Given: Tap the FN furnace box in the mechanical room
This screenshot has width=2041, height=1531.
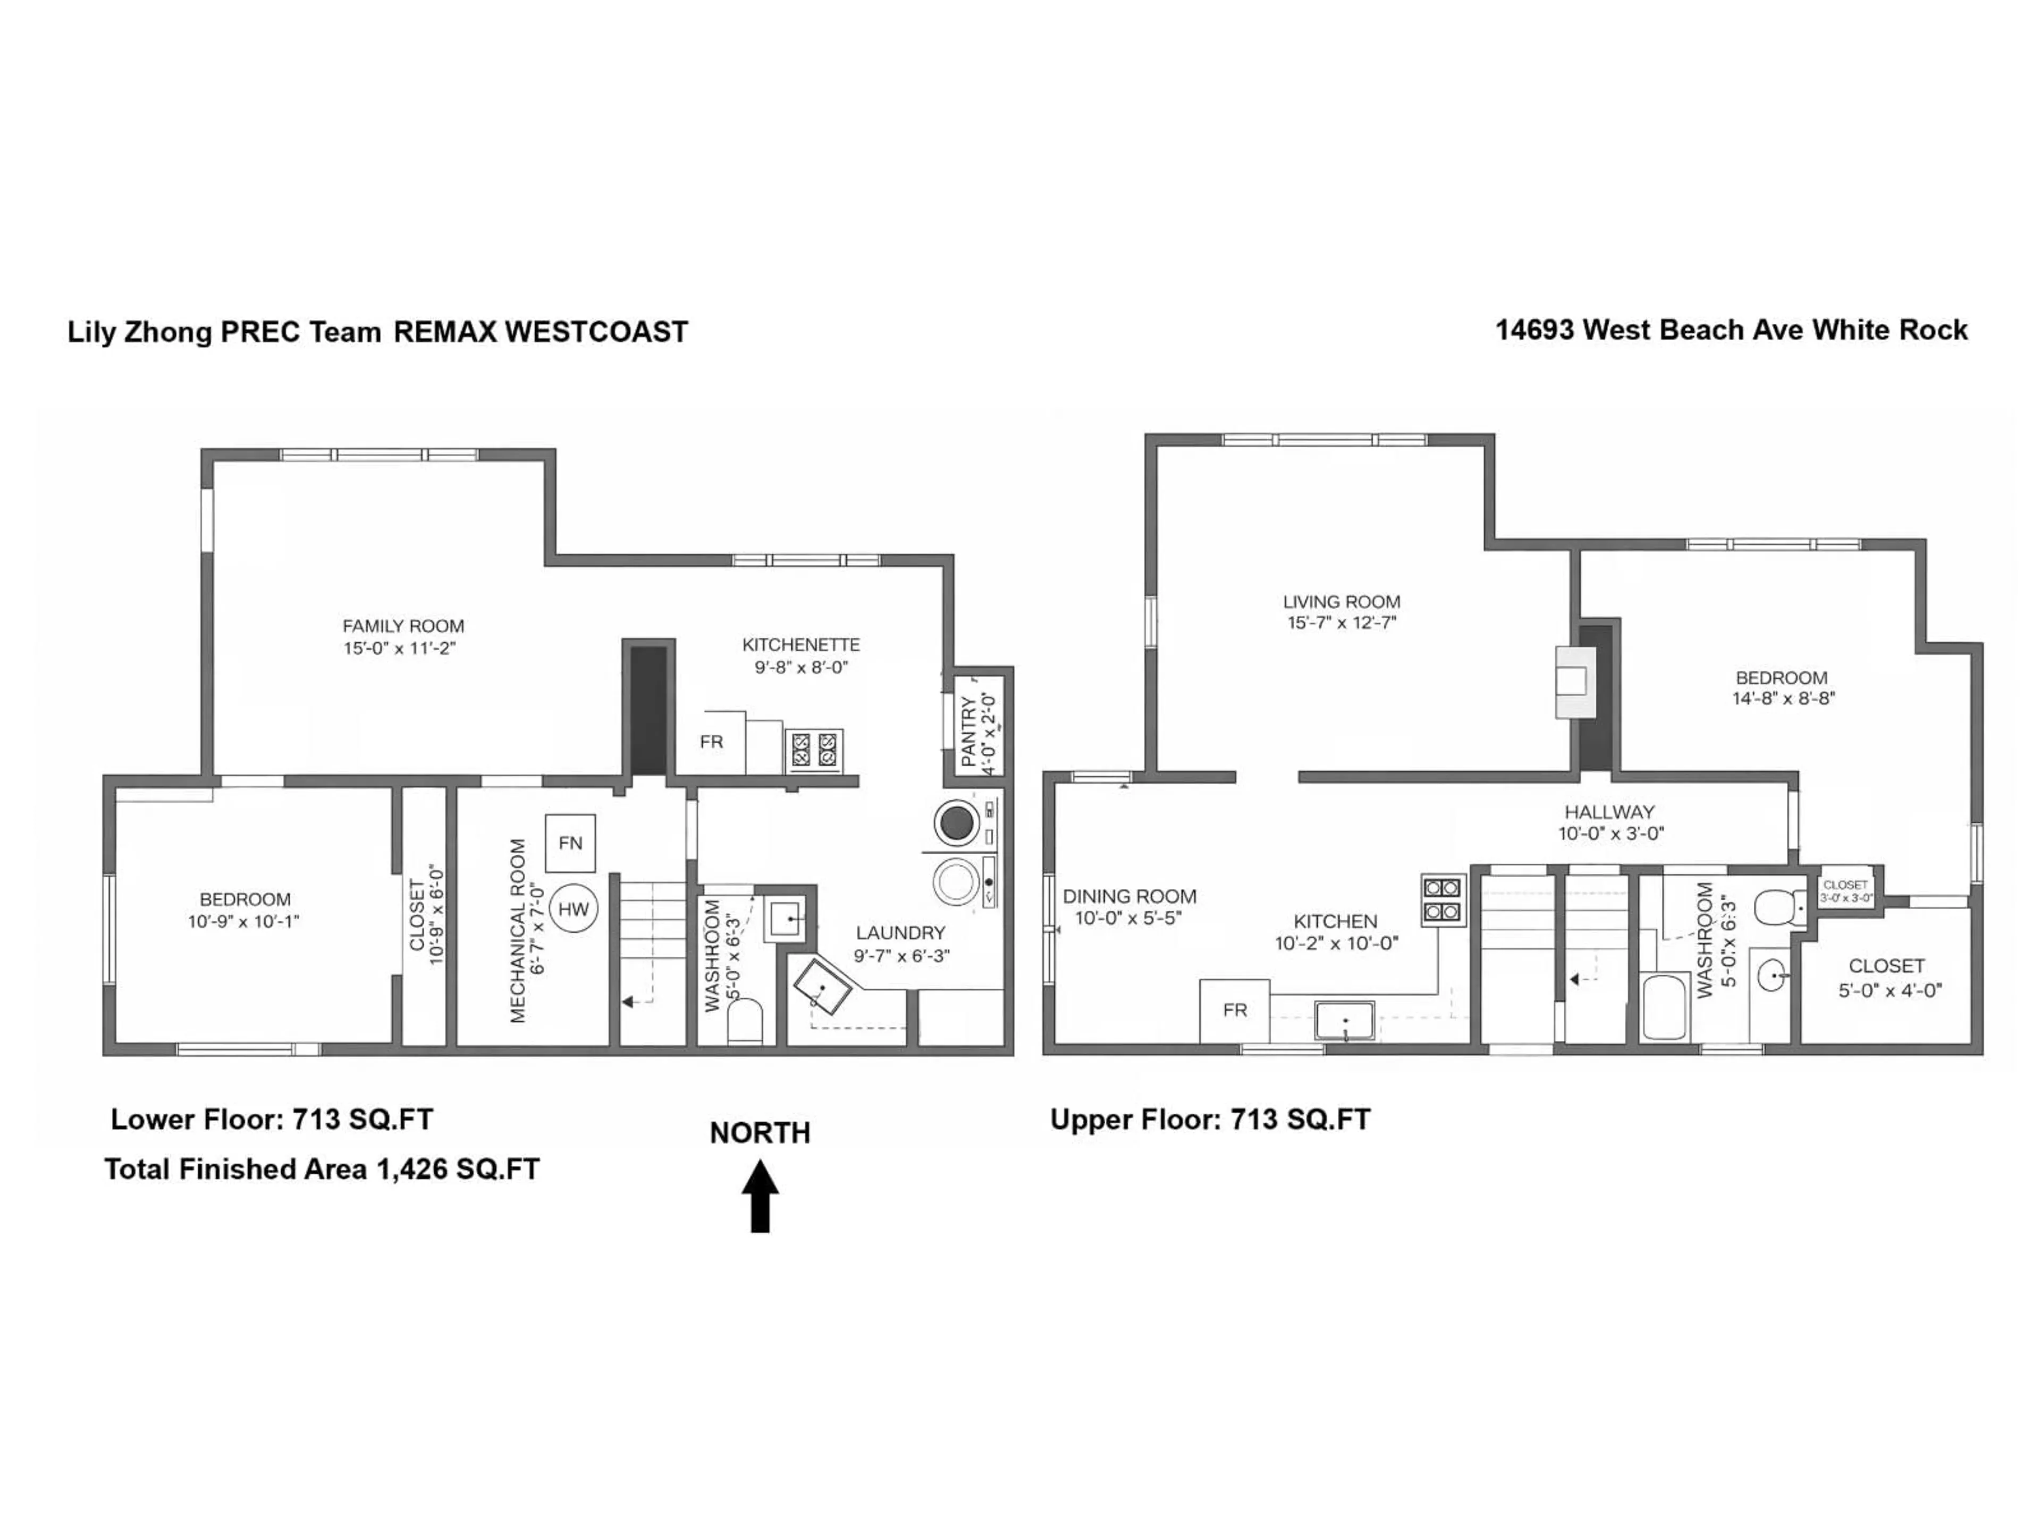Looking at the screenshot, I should (570, 843).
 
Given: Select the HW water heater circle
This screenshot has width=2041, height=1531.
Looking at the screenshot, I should (573, 909).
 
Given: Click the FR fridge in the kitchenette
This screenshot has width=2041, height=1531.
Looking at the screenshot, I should (711, 742).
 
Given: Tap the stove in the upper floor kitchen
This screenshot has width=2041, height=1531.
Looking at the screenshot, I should (1442, 900).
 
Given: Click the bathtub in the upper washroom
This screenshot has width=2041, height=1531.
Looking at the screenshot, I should (1665, 1006).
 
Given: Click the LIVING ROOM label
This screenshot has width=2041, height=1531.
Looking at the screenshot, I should (1340, 602).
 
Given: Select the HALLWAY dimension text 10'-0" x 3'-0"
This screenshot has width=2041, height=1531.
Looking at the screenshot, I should (1610, 834).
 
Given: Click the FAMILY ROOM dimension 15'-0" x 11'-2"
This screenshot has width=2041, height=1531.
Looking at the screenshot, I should (400, 649).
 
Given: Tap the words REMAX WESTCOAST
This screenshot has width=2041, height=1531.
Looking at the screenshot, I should (541, 332).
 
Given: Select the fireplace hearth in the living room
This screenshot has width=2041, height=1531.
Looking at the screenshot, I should (1574, 681).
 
